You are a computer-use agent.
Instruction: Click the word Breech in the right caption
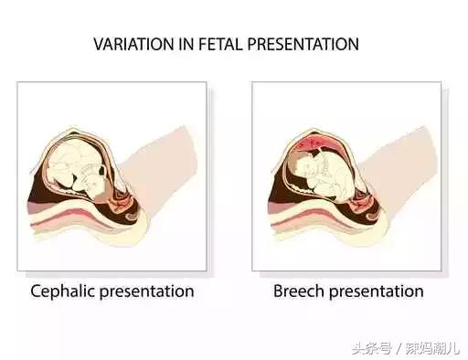click(296, 291)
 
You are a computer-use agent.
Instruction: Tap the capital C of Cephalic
click(37, 291)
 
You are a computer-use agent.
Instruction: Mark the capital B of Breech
click(278, 291)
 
